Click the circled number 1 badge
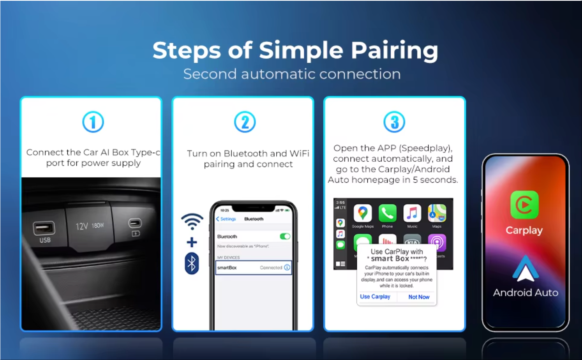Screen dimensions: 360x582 [93, 122]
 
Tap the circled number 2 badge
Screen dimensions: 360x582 [245, 122]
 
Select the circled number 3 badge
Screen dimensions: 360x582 [394, 122]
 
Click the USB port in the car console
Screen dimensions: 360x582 [44, 228]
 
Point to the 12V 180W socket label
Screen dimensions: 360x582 [90, 226]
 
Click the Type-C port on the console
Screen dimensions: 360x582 [135, 223]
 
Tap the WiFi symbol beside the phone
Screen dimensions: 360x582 [192, 221]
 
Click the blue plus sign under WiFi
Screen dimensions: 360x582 [192, 242]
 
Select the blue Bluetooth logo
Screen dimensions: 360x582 [192, 264]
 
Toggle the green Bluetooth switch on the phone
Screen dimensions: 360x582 [285, 236]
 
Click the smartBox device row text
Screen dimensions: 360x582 [227, 268]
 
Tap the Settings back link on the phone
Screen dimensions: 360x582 [226, 219]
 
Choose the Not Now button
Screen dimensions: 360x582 [419, 297]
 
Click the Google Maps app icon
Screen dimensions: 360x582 [363, 213]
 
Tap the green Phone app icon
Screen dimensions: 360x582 [387, 213]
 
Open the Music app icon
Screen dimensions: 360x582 [412, 213]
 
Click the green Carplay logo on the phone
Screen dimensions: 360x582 [524, 205]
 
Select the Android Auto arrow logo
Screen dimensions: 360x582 [526, 269]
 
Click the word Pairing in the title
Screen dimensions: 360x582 [394, 51]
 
